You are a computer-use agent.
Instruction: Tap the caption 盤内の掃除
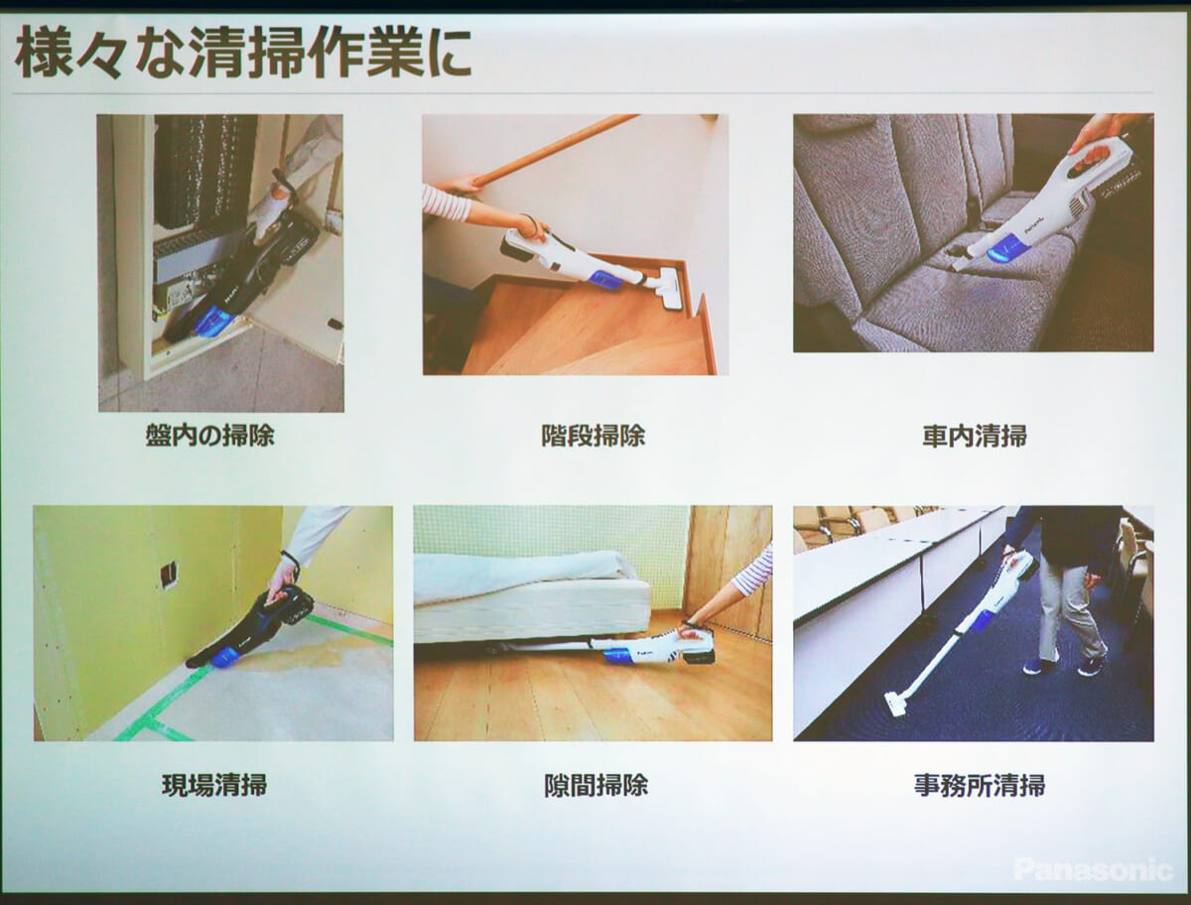click(210, 436)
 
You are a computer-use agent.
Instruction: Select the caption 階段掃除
click(594, 436)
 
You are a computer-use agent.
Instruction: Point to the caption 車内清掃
click(975, 436)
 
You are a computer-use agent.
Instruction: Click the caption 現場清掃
click(214, 785)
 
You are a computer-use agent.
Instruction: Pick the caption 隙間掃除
click(595, 785)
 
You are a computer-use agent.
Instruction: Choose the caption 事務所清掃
click(980, 785)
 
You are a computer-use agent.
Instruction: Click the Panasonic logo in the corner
click(1093, 870)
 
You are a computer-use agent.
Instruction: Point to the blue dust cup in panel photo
click(213, 321)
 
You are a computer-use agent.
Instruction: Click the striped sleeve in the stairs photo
click(446, 204)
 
